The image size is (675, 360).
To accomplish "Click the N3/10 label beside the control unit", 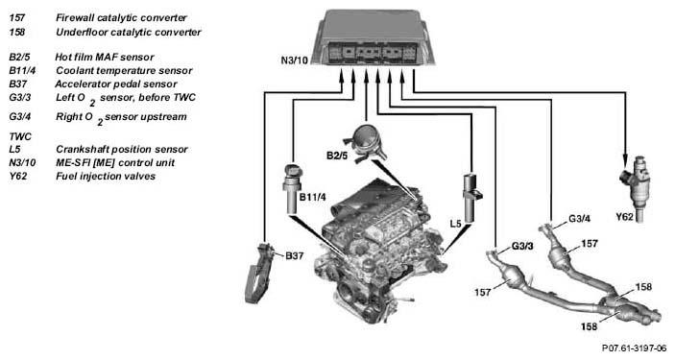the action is click(295, 60).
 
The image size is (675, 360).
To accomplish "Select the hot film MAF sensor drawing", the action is click(365, 143).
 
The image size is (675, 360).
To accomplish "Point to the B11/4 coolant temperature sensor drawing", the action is click(292, 188).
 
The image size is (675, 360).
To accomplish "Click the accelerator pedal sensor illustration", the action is click(259, 273).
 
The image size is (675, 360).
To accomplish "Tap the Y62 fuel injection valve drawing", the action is click(635, 188).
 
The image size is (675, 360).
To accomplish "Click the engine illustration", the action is click(379, 250).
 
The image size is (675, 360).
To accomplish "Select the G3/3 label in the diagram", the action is click(522, 247).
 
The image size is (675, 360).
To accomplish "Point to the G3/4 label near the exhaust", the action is click(579, 218).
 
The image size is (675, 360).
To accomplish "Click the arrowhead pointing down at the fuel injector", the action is click(625, 161).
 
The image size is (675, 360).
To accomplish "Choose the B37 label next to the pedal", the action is click(295, 255).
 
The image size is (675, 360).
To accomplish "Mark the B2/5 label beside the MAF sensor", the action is click(337, 156).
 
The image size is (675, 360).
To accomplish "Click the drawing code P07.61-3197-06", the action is click(634, 348).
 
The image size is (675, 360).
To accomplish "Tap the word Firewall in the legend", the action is click(75, 18).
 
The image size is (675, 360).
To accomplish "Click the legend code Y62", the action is click(18, 176).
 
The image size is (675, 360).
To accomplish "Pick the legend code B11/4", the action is click(22, 71).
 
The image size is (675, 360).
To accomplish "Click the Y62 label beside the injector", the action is click(625, 217).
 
